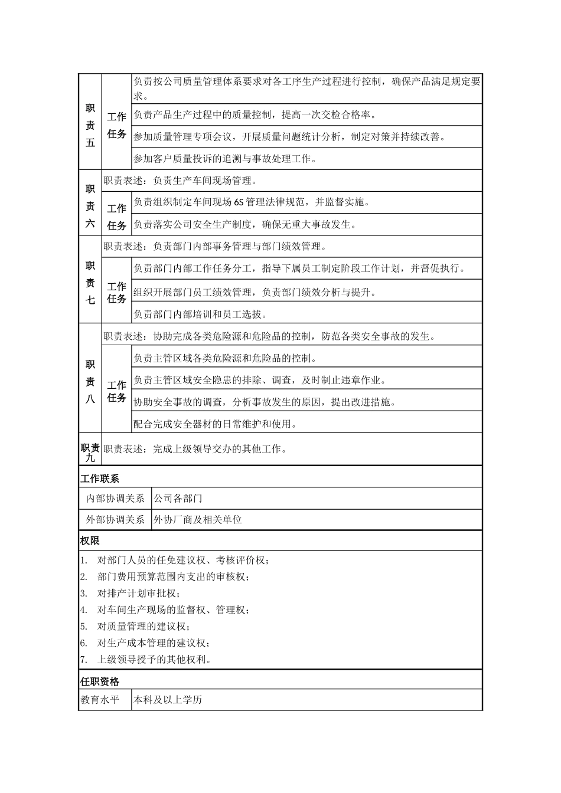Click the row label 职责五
point(90,125)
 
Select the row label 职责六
point(90,206)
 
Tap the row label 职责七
point(90,283)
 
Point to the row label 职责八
point(90,381)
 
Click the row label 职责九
point(90,453)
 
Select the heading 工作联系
point(100,479)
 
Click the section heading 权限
point(90,540)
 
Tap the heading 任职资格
point(100,681)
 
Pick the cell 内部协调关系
point(116,499)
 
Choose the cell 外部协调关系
point(116,520)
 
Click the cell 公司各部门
point(178,499)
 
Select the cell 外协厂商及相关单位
point(198,520)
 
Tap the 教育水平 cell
point(100,700)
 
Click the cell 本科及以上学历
point(168,700)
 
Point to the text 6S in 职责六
point(239,202)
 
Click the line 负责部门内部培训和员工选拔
point(201,314)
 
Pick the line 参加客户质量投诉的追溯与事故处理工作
point(225,159)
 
